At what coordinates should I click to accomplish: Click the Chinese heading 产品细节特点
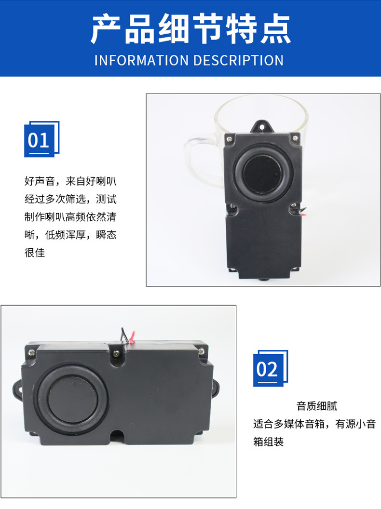190,29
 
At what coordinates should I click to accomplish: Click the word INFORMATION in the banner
141,60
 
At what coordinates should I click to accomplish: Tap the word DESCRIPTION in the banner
238,60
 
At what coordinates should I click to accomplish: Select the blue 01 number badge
41,139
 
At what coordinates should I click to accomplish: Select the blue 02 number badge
271,368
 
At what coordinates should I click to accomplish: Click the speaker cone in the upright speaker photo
264,174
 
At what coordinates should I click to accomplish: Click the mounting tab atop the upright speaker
262,126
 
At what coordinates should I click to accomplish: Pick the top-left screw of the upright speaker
229,139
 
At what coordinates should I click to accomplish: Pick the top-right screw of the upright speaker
295,138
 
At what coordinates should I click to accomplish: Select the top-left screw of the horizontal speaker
31,352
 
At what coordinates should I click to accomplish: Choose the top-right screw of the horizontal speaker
201,351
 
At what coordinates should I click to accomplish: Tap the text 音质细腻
317,406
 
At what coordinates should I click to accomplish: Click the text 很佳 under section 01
35,253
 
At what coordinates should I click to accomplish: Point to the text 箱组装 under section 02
269,442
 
